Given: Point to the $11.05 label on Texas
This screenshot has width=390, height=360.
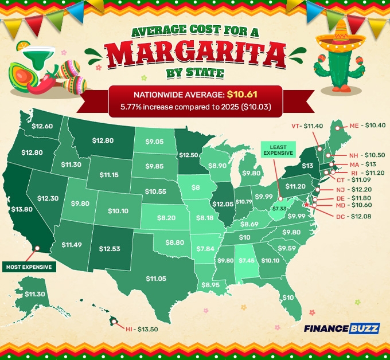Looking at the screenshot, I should pos(155,278).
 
